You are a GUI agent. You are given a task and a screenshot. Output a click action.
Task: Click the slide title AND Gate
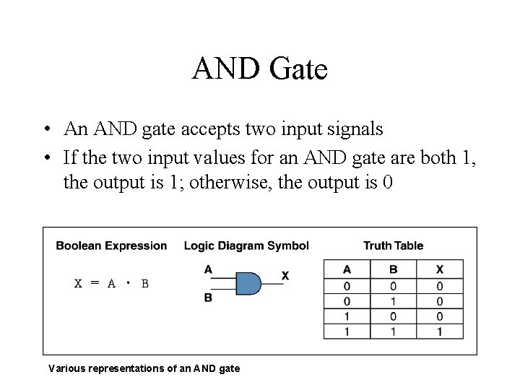click(x=260, y=69)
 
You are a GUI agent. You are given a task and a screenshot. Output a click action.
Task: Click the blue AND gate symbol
click(x=248, y=283)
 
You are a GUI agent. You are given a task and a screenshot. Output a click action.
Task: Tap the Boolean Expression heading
click(x=111, y=246)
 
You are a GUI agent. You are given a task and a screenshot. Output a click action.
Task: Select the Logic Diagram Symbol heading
click(x=246, y=246)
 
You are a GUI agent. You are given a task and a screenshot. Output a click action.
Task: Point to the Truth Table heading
click(x=393, y=246)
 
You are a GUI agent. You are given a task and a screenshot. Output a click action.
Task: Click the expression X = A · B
click(x=112, y=283)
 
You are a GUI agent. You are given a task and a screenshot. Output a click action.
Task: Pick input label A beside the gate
click(x=208, y=270)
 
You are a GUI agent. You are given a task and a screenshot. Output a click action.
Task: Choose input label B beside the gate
click(x=208, y=298)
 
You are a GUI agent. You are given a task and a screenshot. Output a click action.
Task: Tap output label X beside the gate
click(x=285, y=276)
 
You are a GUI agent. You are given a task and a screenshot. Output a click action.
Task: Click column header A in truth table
click(x=347, y=269)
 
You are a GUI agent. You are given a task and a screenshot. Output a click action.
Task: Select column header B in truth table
click(x=394, y=269)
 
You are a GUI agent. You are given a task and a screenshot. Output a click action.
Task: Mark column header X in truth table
click(x=440, y=269)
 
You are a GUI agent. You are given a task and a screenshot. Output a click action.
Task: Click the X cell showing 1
click(x=440, y=331)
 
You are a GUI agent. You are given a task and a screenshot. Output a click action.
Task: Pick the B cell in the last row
click(x=394, y=331)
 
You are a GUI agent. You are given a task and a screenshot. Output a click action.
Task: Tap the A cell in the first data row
click(x=347, y=286)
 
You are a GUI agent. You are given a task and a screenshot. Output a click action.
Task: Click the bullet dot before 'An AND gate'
click(x=45, y=130)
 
